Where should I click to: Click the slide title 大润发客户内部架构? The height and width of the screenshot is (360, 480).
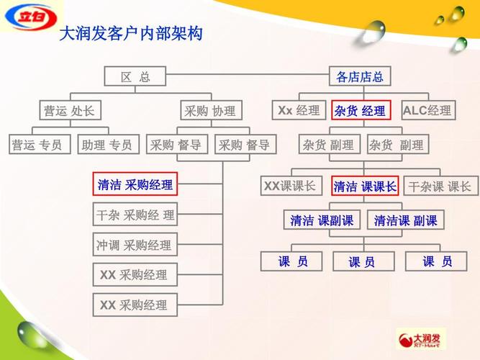(x=130, y=33)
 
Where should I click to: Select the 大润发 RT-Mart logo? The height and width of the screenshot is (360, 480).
(x=421, y=339)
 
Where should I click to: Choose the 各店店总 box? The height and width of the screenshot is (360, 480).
(x=360, y=76)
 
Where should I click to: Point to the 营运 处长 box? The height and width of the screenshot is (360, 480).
(x=68, y=110)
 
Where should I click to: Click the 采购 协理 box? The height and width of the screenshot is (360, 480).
(x=209, y=110)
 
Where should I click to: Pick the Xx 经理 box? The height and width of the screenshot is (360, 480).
(x=299, y=110)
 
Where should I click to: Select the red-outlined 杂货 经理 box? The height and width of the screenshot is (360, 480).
(x=360, y=111)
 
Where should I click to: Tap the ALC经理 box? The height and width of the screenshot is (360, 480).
(x=427, y=110)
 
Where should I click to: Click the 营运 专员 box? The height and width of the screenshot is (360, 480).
(x=37, y=145)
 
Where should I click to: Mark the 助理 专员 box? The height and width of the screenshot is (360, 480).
(x=107, y=145)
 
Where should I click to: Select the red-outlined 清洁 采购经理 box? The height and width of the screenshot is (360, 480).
(x=135, y=184)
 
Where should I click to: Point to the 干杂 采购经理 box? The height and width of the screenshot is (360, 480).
(x=135, y=215)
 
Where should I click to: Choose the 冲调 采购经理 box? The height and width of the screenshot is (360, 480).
(x=135, y=245)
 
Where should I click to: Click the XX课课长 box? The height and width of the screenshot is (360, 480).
(x=289, y=186)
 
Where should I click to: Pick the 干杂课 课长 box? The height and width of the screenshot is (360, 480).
(x=440, y=186)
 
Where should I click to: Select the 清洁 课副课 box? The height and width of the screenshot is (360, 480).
(x=322, y=220)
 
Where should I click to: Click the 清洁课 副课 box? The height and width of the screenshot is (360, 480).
(x=405, y=220)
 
